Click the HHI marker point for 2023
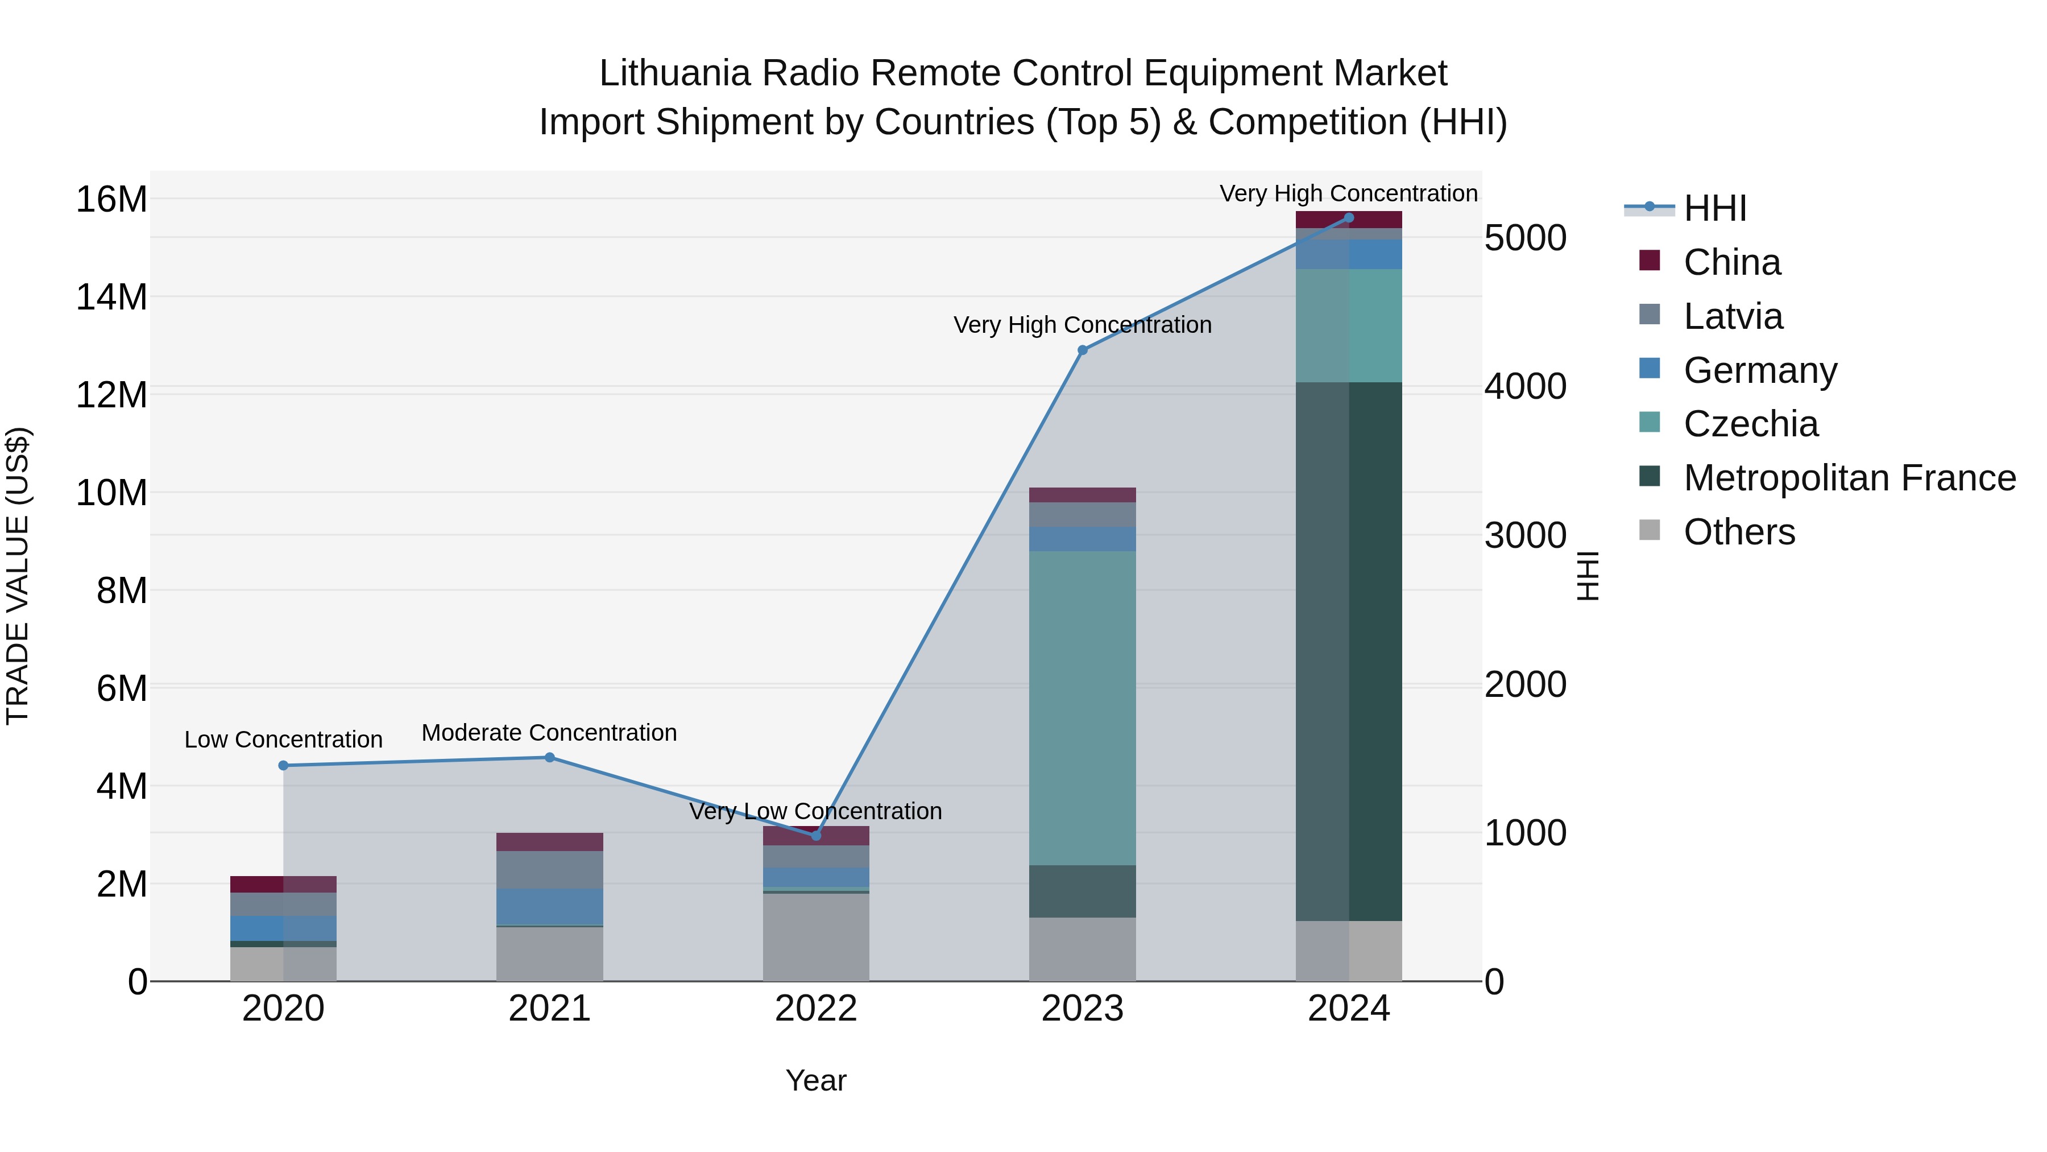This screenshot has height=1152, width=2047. [x=1081, y=350]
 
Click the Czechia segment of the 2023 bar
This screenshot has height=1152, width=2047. [x=1081, y=708]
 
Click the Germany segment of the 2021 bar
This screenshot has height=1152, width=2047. [x=549, y=906]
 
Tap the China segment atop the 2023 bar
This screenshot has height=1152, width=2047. [x=1081, y=494]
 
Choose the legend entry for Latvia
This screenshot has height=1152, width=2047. [x=1733, y=316]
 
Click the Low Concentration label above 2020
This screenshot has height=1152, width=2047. [x=283, y=740]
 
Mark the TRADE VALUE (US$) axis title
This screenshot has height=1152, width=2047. [x=18, y=576]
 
